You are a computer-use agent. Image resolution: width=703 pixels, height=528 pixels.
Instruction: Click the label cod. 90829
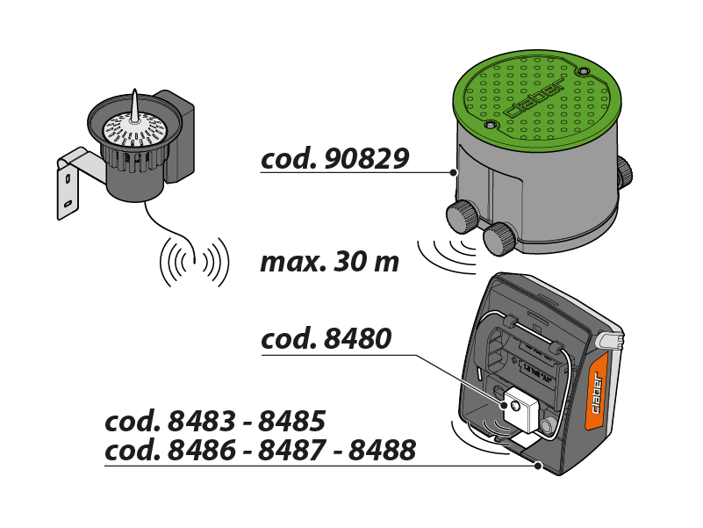point(334,158)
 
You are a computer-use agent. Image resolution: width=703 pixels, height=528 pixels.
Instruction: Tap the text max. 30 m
point(329,262)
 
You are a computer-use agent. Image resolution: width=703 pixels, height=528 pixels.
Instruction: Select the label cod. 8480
point(326,339)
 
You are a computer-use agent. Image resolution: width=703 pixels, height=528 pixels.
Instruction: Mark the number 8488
point(382,451)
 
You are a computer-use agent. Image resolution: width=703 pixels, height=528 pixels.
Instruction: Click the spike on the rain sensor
point(135,105)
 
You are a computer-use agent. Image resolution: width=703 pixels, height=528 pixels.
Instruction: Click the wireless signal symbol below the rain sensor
point(193,261)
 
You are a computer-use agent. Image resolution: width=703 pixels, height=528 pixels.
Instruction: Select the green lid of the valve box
point(527,96)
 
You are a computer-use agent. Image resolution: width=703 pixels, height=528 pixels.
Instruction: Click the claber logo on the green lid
point(535,99)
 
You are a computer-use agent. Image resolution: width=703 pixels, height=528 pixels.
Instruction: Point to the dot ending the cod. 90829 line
point(453,172)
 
